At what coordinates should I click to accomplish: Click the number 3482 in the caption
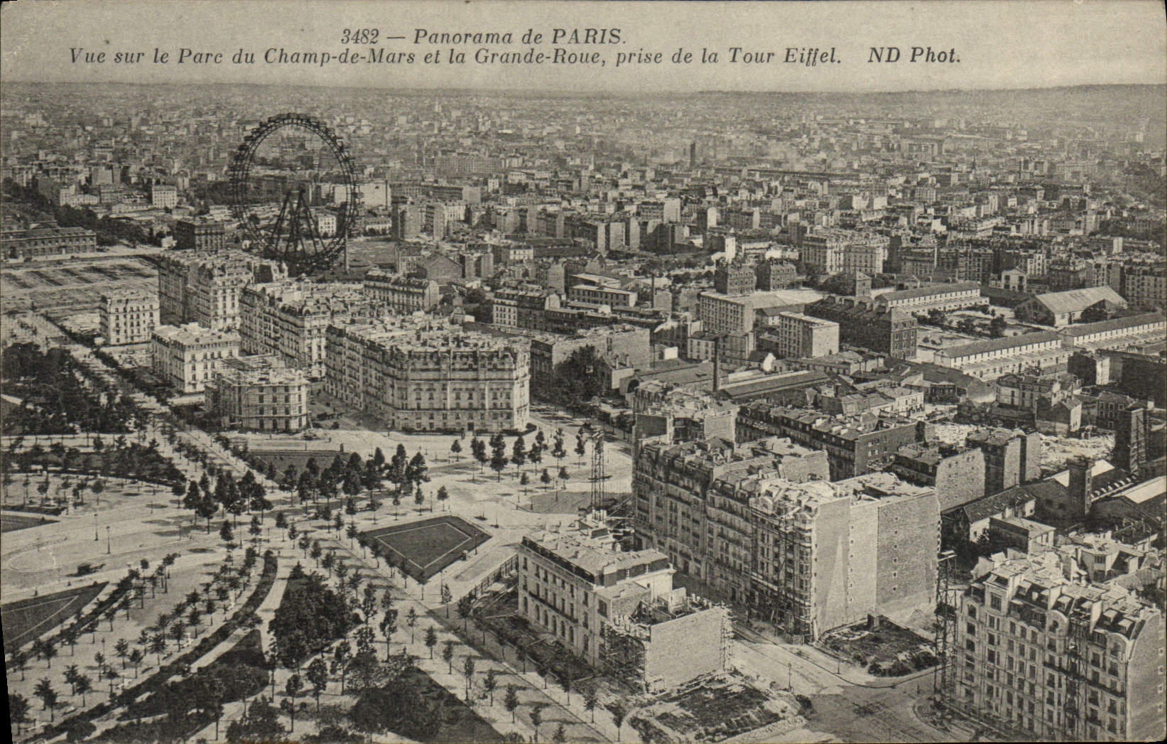359,36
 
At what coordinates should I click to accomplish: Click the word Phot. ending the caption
933,56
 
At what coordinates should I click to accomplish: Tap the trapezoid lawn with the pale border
425,543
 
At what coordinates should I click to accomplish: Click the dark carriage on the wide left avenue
85,568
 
